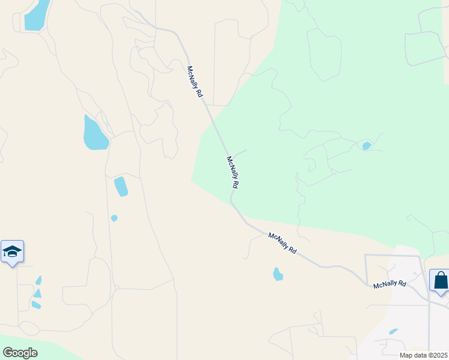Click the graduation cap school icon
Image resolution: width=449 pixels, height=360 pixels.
(x=12, y=251)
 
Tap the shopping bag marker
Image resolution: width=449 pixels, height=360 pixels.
(x=441, y=280)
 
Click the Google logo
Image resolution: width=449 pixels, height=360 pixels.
(x=20, y=352)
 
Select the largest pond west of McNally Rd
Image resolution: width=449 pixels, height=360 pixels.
(x=95, y=133)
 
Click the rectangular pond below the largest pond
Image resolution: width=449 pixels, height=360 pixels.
(x=121, y=186)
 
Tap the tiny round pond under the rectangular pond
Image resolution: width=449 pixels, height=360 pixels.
(x=114, y=218)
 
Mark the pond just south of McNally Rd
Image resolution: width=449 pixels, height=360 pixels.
(x=277, y=274)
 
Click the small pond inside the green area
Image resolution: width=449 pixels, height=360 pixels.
(x=367, y=146)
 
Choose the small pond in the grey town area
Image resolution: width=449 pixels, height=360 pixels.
(x=393, y=331)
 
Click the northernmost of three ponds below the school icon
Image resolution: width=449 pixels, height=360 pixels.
(x=39, y=280)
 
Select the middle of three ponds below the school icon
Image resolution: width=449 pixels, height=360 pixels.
(x=37, y=293)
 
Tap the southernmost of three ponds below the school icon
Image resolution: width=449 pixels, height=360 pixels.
(x=36, y=305)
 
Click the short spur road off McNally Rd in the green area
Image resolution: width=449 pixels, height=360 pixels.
(x=240, y=154)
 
